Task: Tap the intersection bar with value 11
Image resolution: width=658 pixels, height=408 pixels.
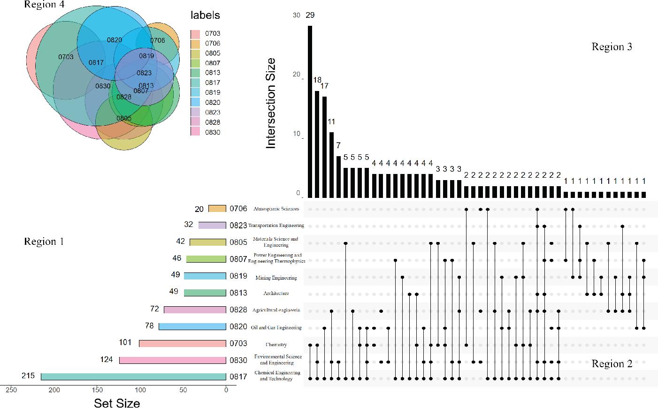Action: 331,165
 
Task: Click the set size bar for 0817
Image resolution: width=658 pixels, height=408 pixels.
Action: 133,377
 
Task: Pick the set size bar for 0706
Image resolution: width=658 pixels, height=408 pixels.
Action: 217,209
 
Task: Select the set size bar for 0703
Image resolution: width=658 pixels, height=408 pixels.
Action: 183,343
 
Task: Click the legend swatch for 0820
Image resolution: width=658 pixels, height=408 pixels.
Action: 196,102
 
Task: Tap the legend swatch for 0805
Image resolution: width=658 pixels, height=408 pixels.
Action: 196,53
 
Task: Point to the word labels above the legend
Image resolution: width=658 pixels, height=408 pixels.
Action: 205,15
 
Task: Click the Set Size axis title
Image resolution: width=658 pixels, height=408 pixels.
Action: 117,403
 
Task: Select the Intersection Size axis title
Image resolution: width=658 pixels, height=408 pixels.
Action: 271,103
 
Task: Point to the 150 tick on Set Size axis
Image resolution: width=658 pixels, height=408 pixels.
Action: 97,390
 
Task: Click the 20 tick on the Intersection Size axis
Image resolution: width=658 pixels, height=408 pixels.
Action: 296,75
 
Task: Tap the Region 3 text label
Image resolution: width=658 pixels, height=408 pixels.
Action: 612,46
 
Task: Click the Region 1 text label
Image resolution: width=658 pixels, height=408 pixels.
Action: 44,242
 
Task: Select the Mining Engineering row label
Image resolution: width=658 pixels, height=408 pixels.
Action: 276,278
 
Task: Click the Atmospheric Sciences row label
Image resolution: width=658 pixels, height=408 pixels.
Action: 276,209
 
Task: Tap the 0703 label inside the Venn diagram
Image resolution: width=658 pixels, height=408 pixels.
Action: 66,57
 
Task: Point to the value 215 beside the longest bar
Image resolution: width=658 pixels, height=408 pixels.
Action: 28,376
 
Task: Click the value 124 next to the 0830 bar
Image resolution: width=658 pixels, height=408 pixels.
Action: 107,359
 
